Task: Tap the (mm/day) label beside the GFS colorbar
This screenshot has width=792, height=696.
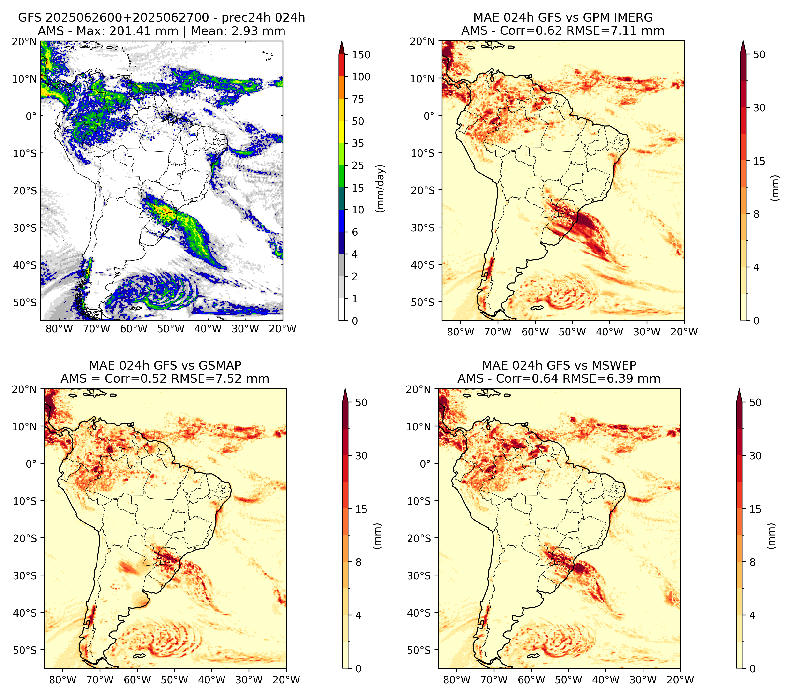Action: [381, 188]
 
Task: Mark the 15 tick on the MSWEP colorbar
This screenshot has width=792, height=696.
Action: [755, 509]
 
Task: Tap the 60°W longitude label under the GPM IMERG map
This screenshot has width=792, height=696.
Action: [535, 332]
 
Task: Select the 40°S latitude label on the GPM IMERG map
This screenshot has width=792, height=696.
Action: [424, 265]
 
